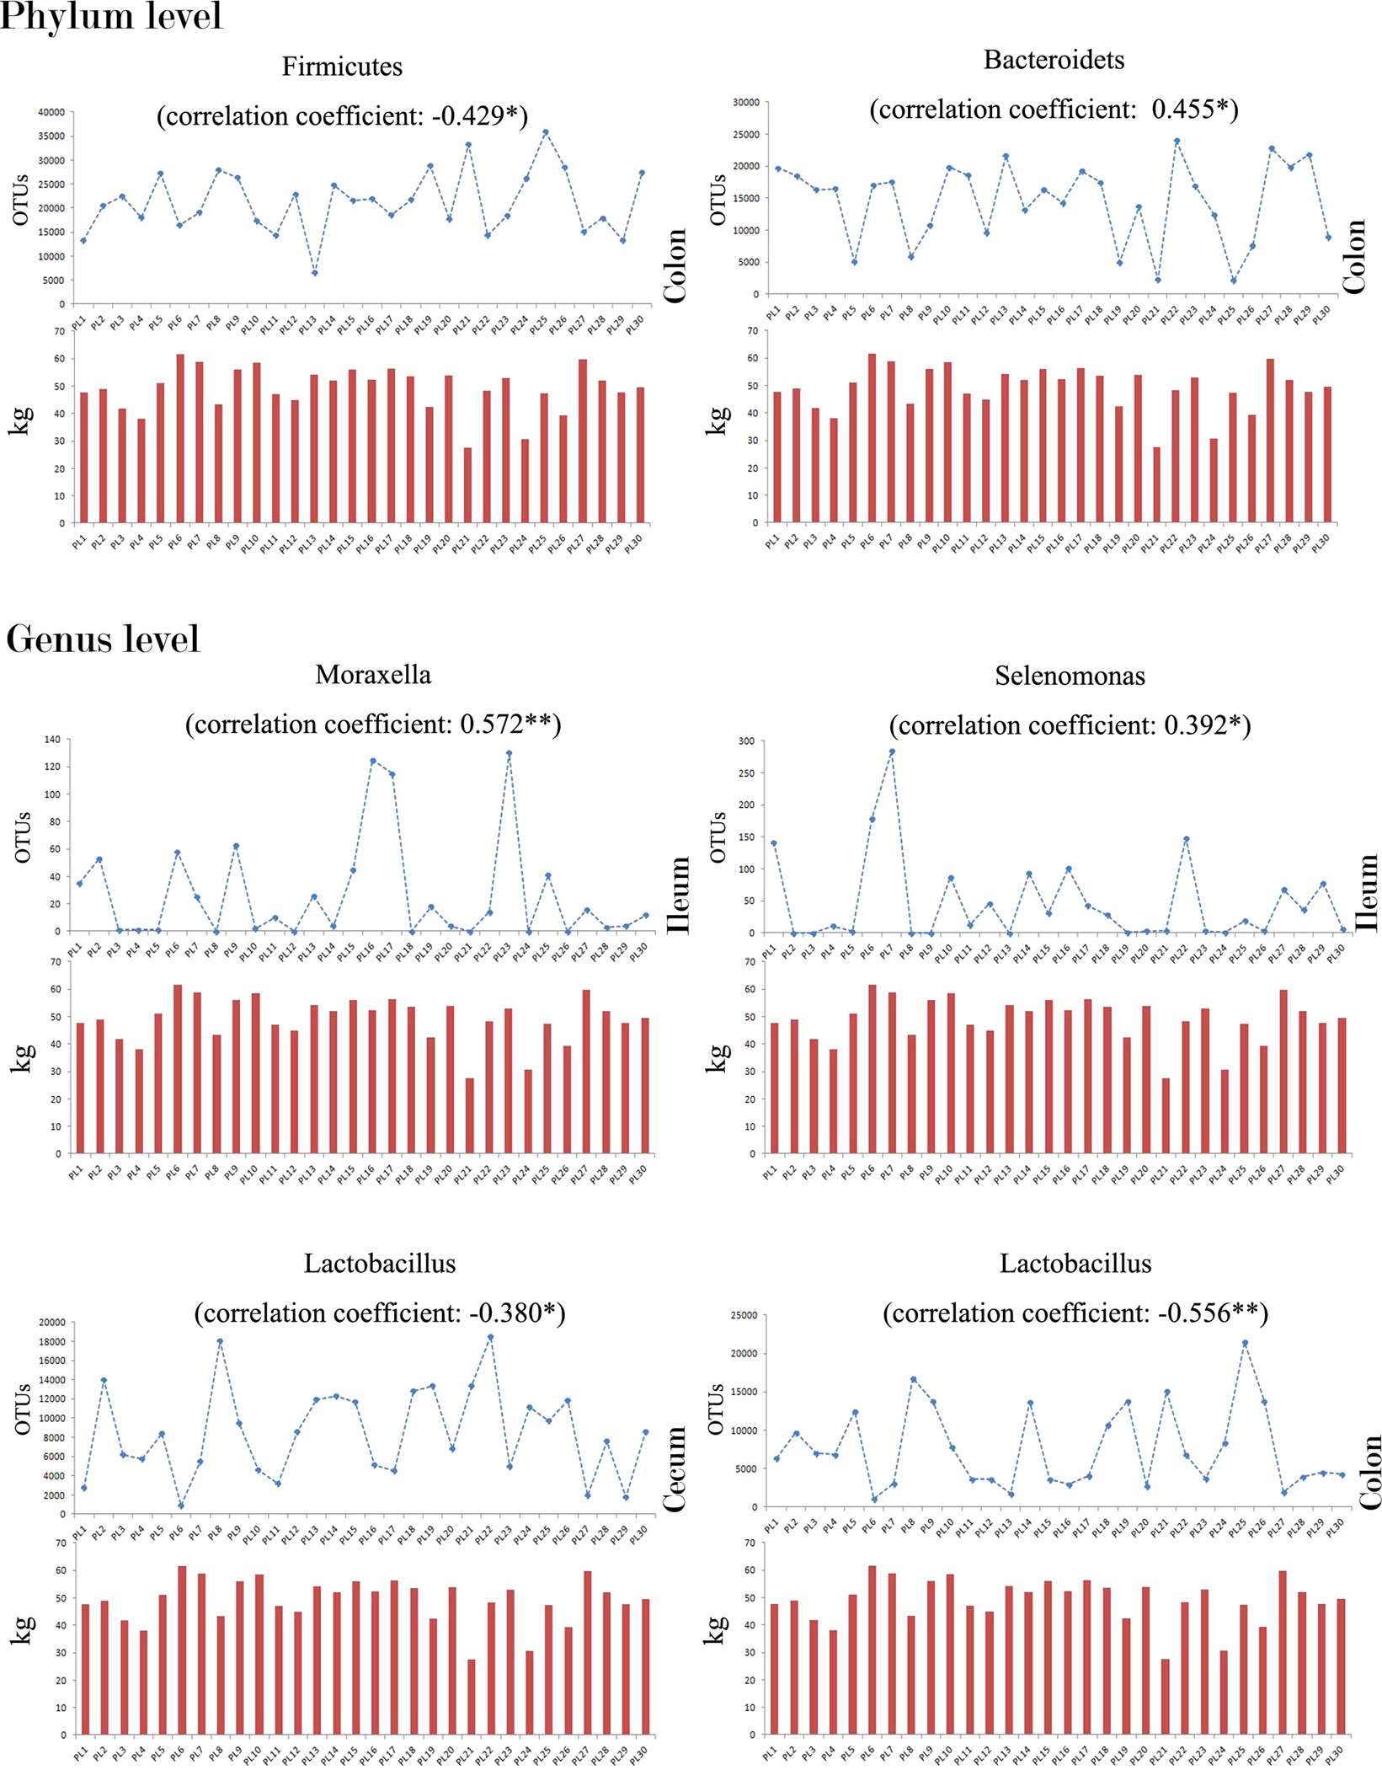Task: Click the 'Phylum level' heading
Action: click(x=110, y=16)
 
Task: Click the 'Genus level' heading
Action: click(x=103, y=639)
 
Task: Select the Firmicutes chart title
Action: click(x=342, y=67)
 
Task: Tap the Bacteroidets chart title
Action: click(x=1054, y=60)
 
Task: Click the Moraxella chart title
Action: click(x=373, y=675)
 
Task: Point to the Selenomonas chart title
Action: click(x=1070, y=676)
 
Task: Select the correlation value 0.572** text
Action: click(x=505, y=725)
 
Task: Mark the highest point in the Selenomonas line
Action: click(x=892, y=752)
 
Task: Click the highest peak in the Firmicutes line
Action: click(x=545, y=132)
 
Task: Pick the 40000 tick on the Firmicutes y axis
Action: click(x=51, y=112)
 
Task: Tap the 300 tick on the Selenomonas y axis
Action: click(x=745, y=741)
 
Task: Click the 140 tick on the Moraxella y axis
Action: click(x=52, y=740)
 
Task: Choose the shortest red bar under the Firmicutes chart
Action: click(x=467, y=484)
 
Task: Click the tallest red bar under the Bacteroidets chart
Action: click(x=872, y=438)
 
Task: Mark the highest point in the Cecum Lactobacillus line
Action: click(x=490, y=1337)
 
